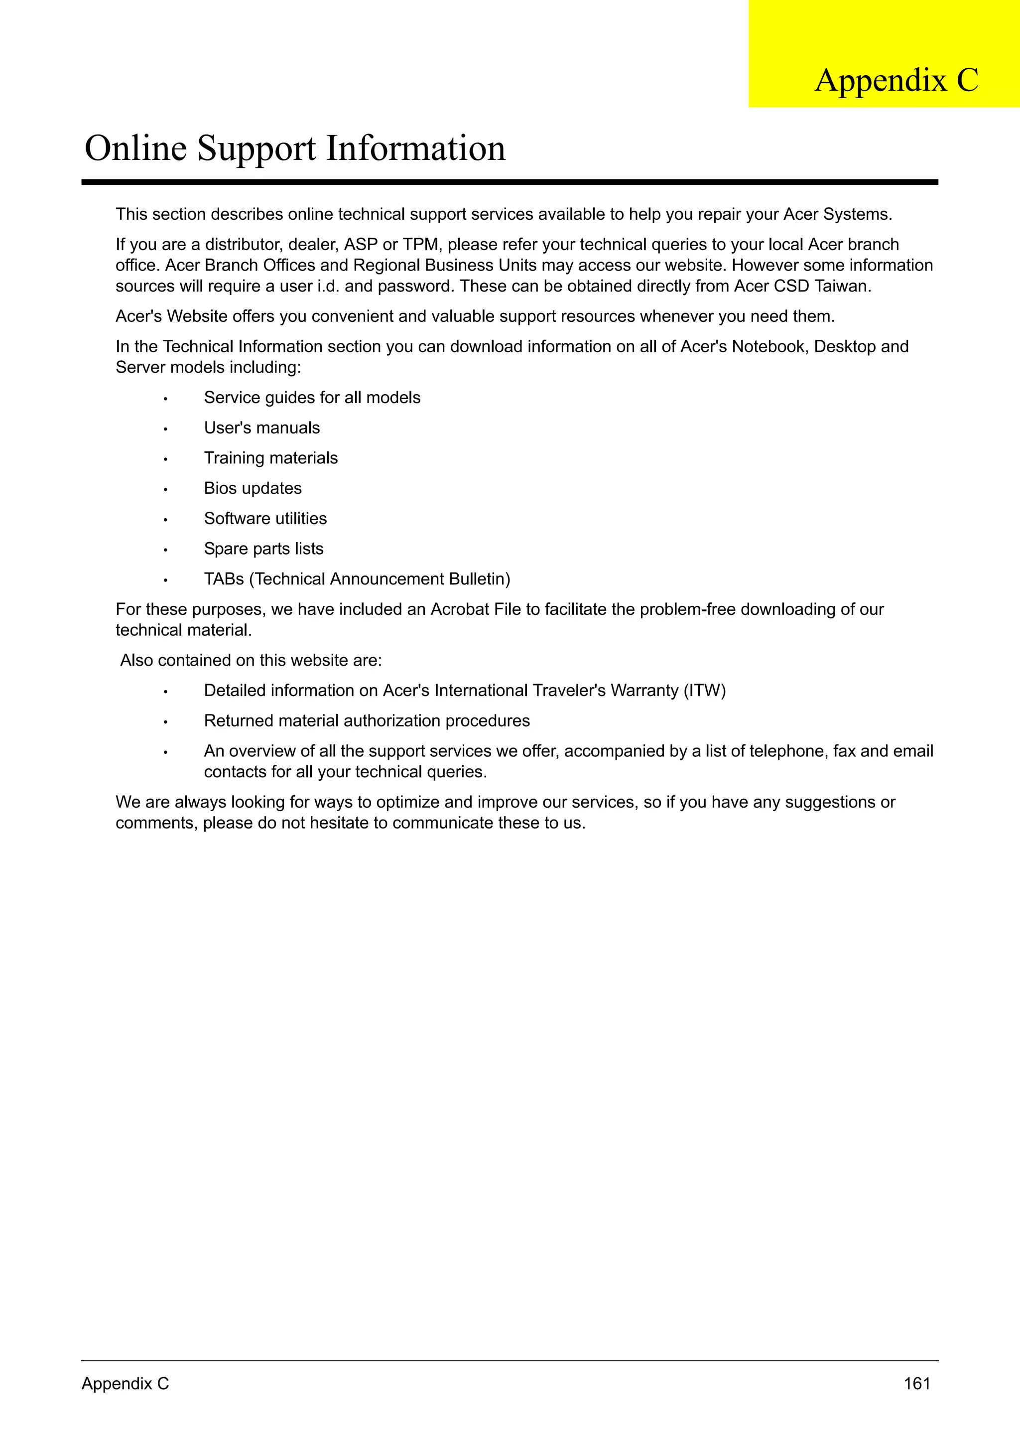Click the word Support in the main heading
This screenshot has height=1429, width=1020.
point(257,149)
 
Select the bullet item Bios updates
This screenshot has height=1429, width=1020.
point(253,488)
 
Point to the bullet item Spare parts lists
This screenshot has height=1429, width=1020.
point(263,549)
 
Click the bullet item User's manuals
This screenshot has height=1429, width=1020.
point(261,428)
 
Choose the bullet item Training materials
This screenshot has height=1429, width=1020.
point(271,458)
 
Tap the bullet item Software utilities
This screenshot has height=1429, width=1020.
point(265,519)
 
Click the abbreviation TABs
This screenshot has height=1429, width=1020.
point(224,579)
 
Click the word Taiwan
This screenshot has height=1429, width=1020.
point(842,286)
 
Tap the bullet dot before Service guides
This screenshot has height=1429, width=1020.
point(165,399)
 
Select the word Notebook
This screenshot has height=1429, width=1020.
point(768,347)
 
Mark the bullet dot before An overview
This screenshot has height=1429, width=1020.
point(165,753)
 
